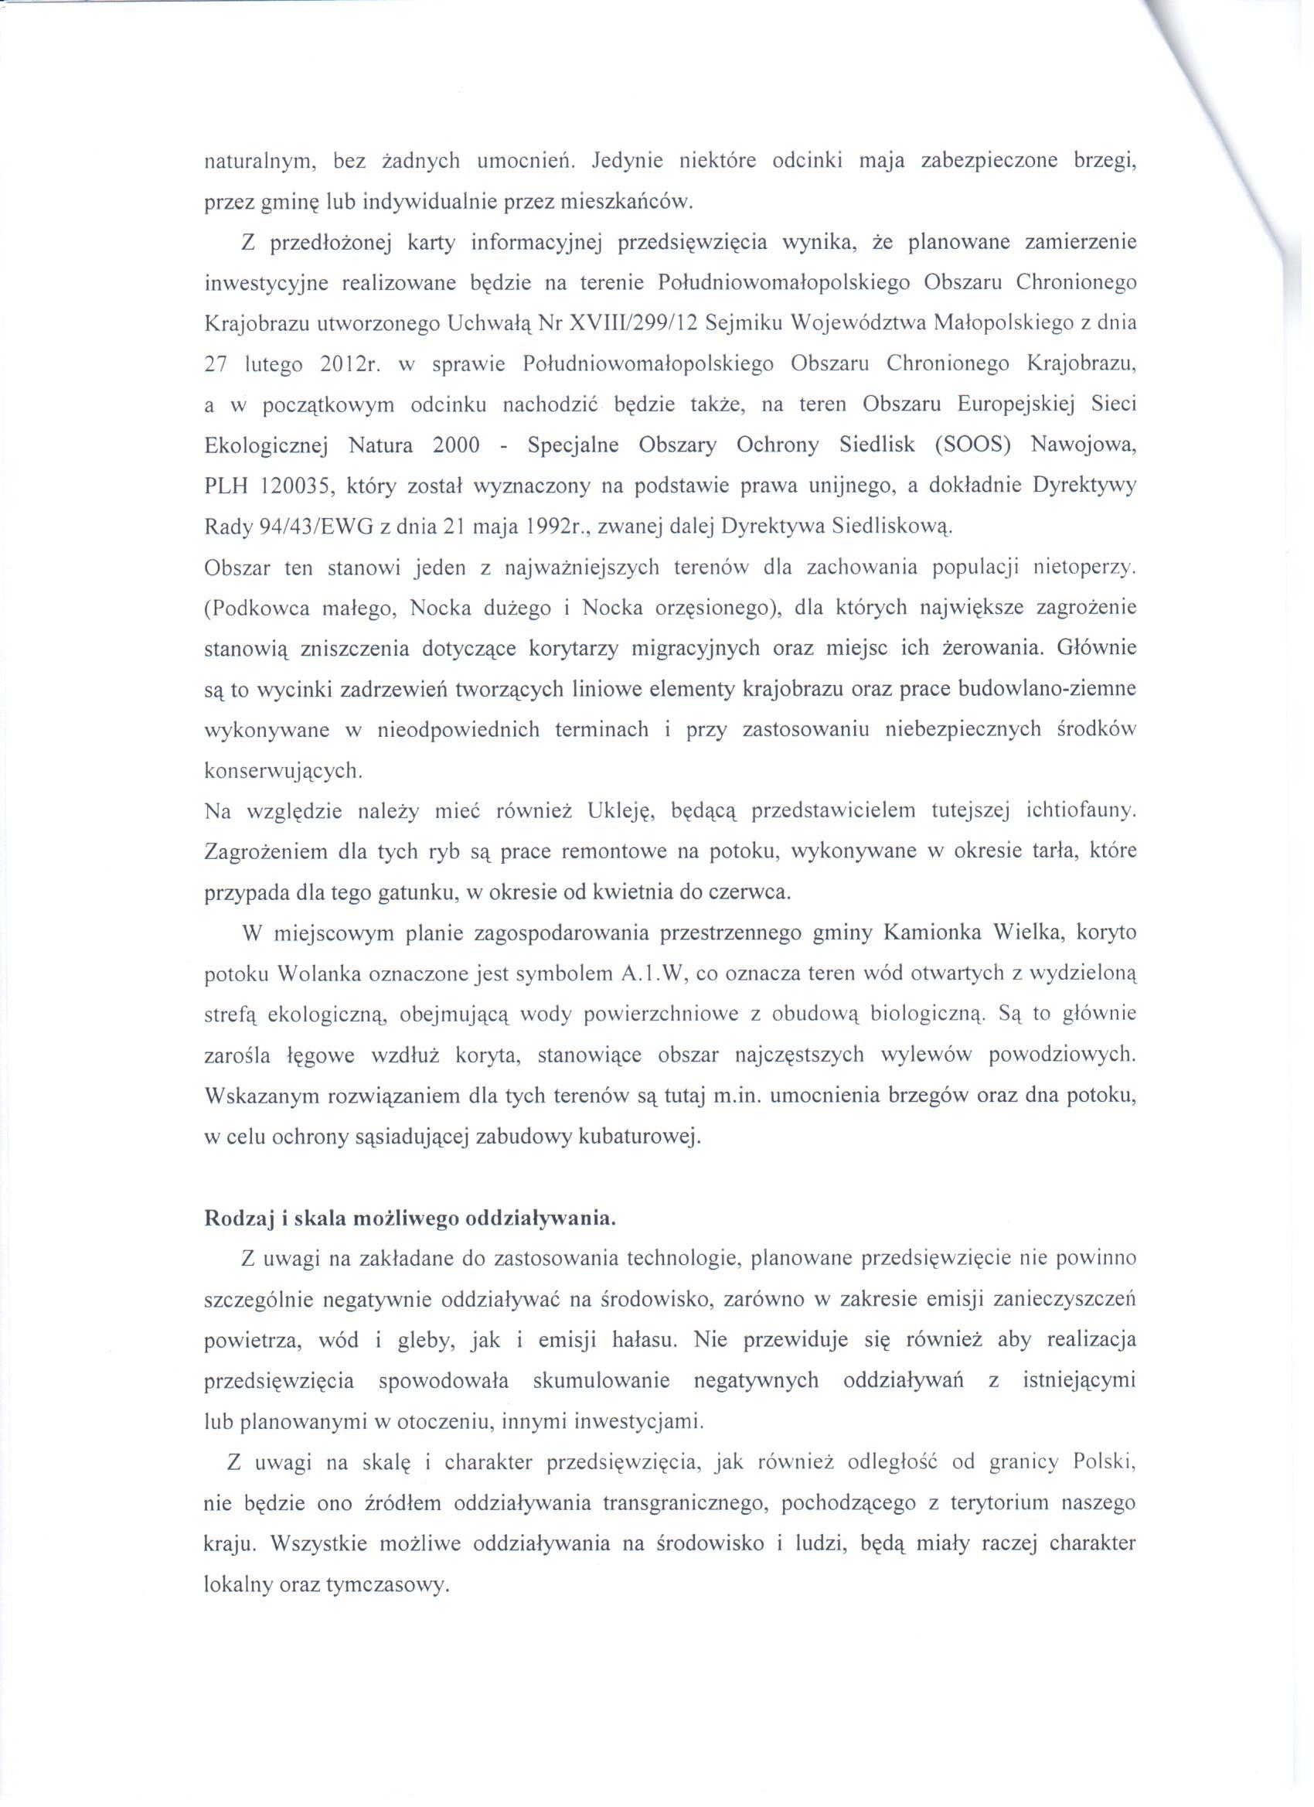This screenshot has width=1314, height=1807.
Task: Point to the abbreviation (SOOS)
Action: [972, 445]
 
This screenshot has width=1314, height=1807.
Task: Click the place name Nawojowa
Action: [1084, 445]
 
